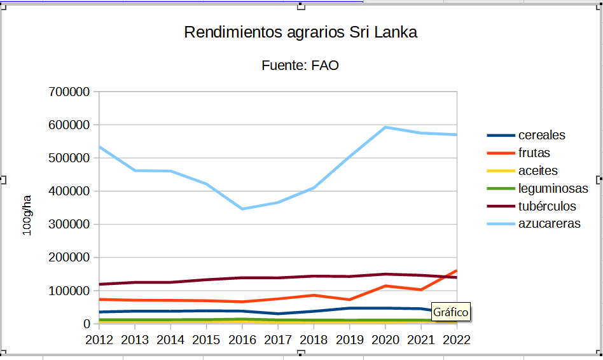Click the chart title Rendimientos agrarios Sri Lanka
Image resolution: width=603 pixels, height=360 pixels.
coord(300,32)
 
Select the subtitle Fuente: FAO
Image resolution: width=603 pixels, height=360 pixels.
coord(300,66)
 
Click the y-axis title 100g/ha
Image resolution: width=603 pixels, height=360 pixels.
coord(27,216)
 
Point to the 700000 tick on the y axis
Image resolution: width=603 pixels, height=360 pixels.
coord(69,92)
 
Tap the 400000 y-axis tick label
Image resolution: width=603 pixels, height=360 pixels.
coord(69,191)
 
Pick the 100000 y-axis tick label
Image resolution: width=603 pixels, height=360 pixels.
coord(69,291)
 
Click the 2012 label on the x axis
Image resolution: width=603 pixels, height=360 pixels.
coord(99,340)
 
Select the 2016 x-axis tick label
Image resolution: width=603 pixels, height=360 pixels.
coord(242,340)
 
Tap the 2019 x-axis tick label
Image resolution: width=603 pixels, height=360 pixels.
coord(349,340)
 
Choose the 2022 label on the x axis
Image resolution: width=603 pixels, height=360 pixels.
coord(456,340)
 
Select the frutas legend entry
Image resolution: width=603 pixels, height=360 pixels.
coord(534,153)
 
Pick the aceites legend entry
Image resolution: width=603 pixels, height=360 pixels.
coord(537,171)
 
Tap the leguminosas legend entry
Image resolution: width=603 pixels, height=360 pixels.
coord(553,189)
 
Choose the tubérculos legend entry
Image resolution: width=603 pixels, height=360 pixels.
coord(547,207)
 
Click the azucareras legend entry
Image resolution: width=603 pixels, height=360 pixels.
coord(549,224)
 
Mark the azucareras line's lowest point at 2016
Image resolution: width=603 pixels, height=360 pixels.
coord(242,209)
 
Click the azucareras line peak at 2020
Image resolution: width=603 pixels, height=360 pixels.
coord(385,127)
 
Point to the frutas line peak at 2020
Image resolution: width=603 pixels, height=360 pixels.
coord(385,286)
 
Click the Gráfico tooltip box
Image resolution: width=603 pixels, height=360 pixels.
coord(451,312)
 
